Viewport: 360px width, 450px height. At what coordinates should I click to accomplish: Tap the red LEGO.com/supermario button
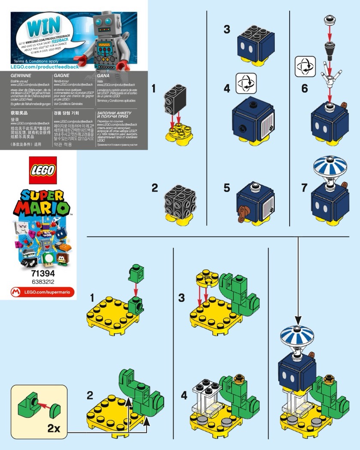pos(42,292)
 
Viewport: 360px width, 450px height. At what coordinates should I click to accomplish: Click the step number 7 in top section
pos(304,187)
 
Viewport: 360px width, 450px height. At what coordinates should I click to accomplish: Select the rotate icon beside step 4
pos(246,83)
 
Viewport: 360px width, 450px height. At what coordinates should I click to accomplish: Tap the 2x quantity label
pos(54,428)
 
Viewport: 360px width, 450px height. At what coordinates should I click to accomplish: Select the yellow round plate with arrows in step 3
pos(205,279)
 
